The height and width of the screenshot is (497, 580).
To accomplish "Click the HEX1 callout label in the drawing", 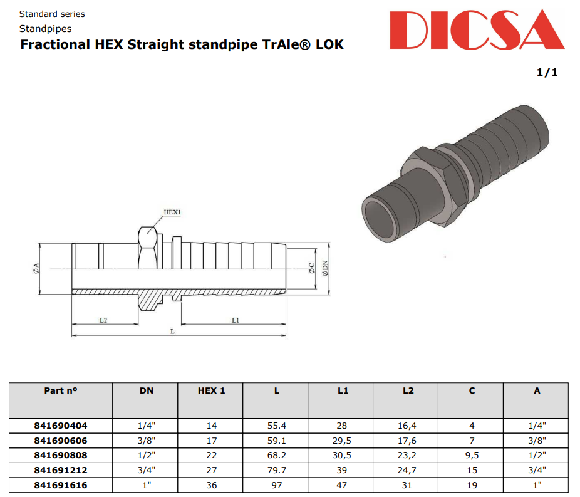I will (x=172, y=212).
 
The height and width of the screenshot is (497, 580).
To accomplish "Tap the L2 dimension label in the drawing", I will (x=103, y=320).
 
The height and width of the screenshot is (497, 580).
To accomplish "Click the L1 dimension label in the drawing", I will (x=236, y=320).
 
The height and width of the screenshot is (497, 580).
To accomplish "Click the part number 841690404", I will (x=60, y=425).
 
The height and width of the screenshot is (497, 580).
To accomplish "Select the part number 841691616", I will (x=60, y=485).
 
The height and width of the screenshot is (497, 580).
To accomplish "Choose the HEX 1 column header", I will (x=211, y=390).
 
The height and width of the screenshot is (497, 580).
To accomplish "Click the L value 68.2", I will (x=276, y=455).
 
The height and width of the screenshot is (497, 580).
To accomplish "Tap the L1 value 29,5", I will (x=343, y=440).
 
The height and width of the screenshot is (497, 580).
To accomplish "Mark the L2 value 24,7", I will (x=408, y=470).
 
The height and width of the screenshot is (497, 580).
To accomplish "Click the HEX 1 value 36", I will (x=211, y=485).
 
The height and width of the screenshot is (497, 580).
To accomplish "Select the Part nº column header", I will (x=60, y=390).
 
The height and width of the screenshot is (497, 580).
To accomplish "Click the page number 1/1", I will (x=547, y=73).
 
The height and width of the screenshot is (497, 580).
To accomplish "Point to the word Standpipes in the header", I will (x=45, y=29).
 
